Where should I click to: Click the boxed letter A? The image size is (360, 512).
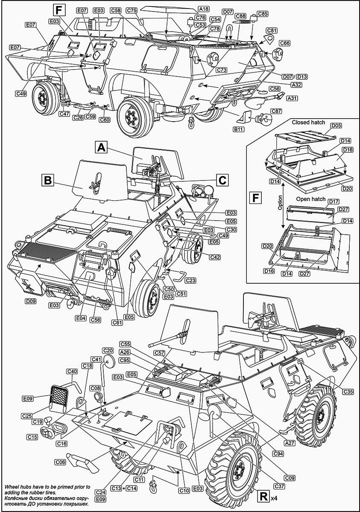101,148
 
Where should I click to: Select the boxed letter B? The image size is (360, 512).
47,180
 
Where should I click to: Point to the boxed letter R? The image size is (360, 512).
264,496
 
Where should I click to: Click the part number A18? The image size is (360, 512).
204,9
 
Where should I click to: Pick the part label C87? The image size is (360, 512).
276,111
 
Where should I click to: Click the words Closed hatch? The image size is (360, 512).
308,122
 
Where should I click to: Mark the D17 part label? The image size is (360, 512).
334,201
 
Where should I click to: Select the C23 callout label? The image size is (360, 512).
190,280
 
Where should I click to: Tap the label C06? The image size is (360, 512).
60,462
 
